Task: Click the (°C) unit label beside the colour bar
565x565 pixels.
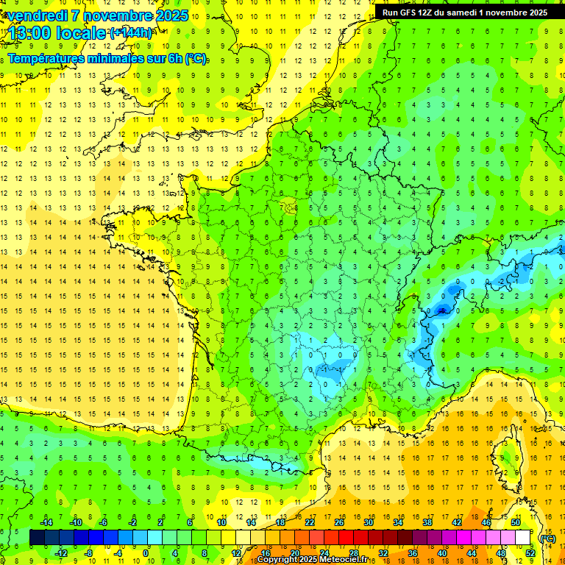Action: tap(548, 539)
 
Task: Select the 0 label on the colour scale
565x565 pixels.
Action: tap(146, 553)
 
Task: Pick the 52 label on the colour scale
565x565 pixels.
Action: tap(530, 553)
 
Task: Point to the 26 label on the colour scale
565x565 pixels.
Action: tap(339, 522)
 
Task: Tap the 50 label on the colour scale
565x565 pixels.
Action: tap(515, 522)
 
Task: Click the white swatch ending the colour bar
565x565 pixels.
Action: tap(523, 538)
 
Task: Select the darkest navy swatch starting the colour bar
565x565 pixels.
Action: tap(37, 538)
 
